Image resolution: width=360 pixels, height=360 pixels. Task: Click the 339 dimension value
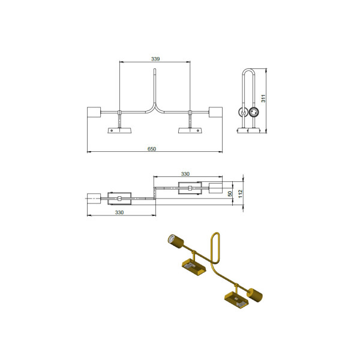[155, 59]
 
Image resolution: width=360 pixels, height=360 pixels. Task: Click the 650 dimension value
[152, 149]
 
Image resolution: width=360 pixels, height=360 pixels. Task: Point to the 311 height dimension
[263, 98]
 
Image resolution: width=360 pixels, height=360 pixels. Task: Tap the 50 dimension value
[230, 194]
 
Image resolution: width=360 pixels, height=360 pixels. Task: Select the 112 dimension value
[240, 194]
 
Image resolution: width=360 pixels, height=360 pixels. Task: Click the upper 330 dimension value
[185, 174]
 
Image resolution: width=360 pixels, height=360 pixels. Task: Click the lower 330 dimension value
[119, 212]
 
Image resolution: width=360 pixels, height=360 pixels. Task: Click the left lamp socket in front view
[94, 112]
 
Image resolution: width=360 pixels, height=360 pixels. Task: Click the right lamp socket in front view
[215, 112]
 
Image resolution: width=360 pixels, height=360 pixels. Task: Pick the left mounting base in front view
[119, 130]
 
